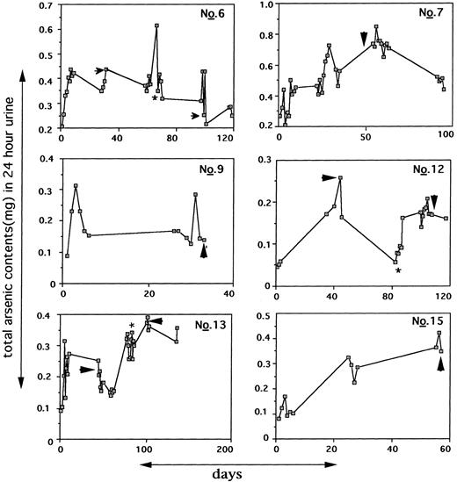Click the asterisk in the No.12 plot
tap(398, 271)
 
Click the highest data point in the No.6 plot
tap(156, 26)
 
